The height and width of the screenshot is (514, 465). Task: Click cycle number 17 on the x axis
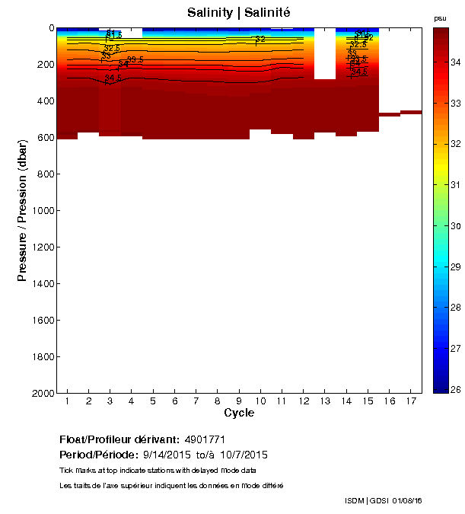pyautogui.click(x=411, y=401)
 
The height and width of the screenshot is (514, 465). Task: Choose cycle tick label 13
pyautogui.click(x=325, y=401)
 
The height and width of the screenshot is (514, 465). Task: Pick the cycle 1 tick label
pyautogui.click(x=68, y=401)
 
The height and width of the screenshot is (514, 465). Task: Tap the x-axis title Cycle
pyautogui.click(x=239, y=413)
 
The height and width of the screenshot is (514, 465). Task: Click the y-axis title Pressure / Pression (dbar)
pyautogui.click(x=23, y=211)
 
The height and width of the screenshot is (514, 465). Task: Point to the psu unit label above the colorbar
pyautogui.click(x=440, y=18)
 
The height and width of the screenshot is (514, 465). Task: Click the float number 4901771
pyautogui.click(x=205, y=440)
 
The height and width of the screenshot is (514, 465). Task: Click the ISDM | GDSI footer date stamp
pyautogui.click(x=384, y=500)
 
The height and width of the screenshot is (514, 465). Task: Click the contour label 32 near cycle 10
pyautogui.click(x=260, y=39)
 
